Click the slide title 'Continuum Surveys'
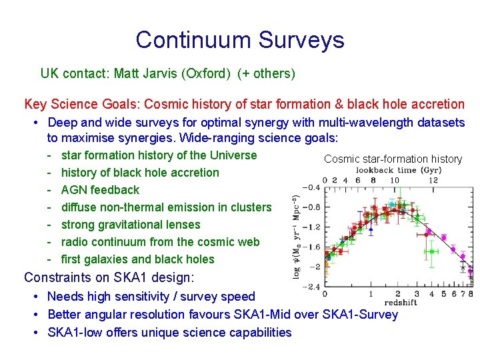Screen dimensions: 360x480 [240, 40]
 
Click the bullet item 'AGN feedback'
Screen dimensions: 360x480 [100, 190]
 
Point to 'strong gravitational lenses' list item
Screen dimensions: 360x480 [130, 225]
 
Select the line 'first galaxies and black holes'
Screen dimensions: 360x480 [137, 259]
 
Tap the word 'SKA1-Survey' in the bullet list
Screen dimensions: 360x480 [363, 314]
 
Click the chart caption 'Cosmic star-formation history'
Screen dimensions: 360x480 [393, 159]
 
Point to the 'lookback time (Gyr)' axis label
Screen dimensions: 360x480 [397, 170]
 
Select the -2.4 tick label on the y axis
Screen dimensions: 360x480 [310, 287]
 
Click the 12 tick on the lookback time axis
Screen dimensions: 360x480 [433, 179]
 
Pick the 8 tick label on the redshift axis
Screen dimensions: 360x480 [471, 294]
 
